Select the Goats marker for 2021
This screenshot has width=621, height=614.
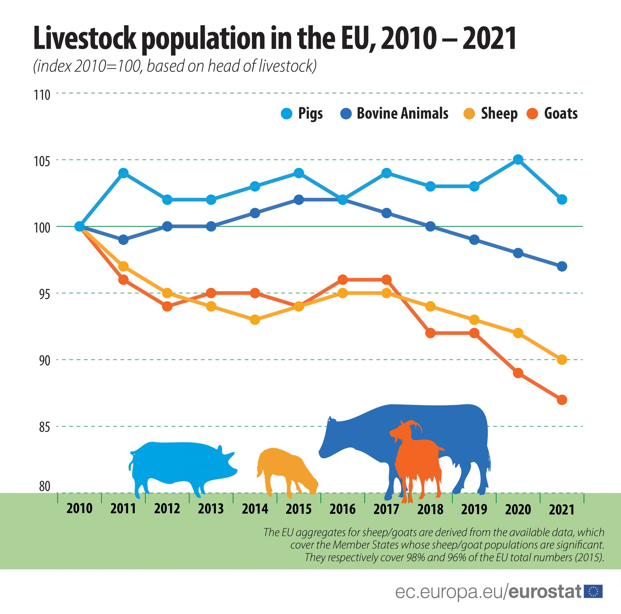point(562,400)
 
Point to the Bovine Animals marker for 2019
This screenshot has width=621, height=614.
point(474,240)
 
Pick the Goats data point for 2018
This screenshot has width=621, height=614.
point(430,333)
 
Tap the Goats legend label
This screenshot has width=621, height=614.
point(561,114)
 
